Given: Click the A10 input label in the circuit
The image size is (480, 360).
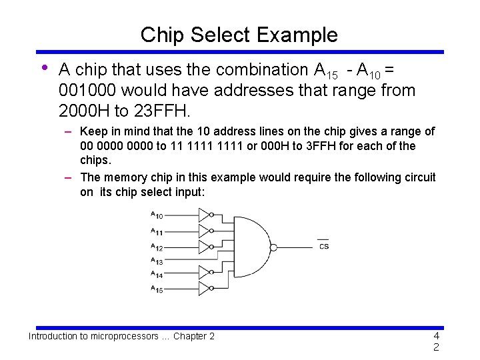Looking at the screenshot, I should point(157,215).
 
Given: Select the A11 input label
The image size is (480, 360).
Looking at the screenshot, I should point(157,232).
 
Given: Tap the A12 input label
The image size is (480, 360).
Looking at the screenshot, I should point(157,247).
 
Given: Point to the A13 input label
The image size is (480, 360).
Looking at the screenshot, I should point(157,261).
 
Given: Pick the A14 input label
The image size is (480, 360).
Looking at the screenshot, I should point(157,274).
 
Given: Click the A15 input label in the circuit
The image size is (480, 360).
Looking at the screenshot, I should point(157,289).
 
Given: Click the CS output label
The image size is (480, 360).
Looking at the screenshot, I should point(323,246).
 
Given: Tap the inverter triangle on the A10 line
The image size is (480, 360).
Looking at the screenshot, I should point(203,215).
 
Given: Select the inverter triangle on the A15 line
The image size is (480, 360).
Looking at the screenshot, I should point(203,289).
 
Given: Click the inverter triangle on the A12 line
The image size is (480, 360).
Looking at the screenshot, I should point(203,247).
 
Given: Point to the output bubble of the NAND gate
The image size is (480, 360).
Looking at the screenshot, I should point(273,245).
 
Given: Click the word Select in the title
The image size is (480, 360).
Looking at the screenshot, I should point(219,35).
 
